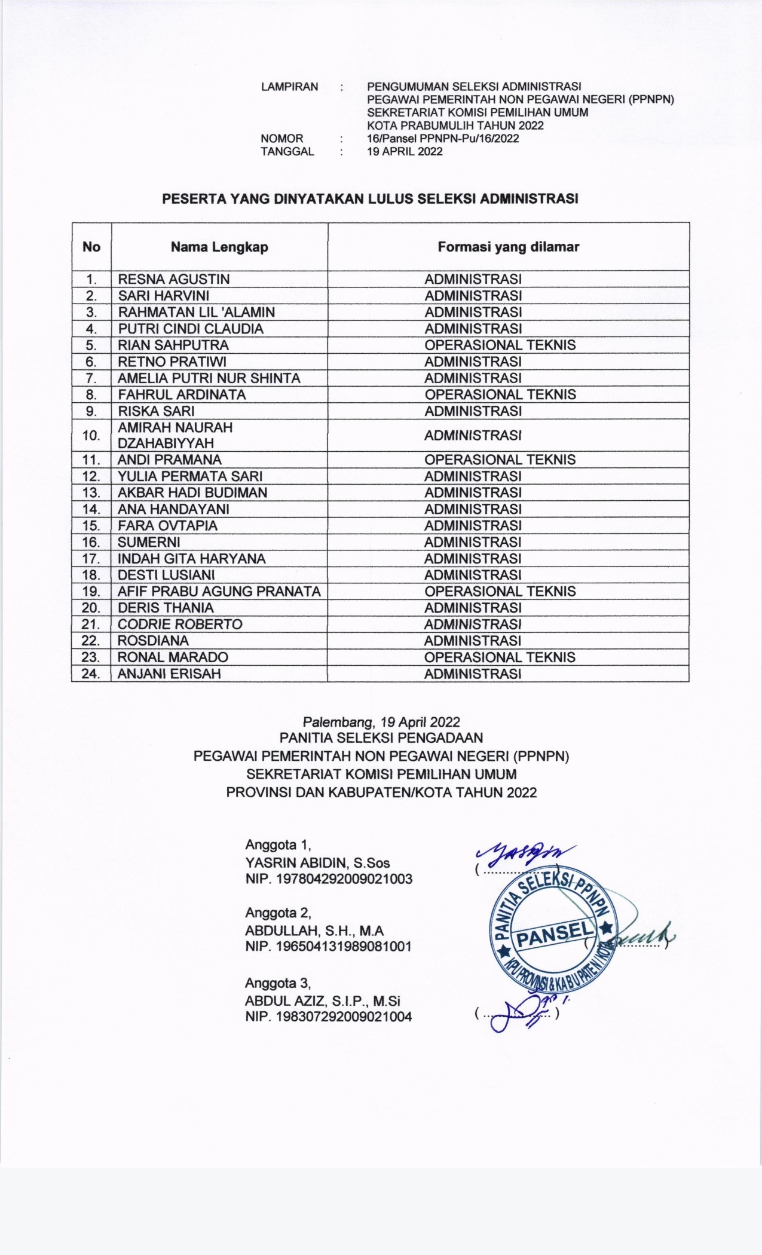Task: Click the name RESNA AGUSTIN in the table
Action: pos(173,279)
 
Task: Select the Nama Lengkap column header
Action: pos(219,247)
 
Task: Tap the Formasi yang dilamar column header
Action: pos(508,247)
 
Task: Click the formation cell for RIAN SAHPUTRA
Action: pos(500,345)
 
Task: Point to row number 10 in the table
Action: pos(91,435)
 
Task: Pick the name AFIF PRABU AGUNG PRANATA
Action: pos(219,591)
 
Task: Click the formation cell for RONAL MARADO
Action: pos(500,657)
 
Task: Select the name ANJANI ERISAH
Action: pos(169,674)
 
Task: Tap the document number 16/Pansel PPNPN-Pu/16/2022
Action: pos(443,139)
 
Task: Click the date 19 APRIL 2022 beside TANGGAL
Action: pos(405,152)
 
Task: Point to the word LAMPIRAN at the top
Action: pos(289,87)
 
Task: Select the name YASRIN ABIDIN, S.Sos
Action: pos(317,862)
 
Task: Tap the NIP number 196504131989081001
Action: pos(328,946)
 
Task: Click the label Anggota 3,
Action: pos(278,982)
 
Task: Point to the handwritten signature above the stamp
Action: pos(526,853)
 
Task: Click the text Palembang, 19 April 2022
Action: pos(381,721)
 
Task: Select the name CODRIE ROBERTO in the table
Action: pos(180,624)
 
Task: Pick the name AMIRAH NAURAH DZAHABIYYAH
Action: pos(175,435)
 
